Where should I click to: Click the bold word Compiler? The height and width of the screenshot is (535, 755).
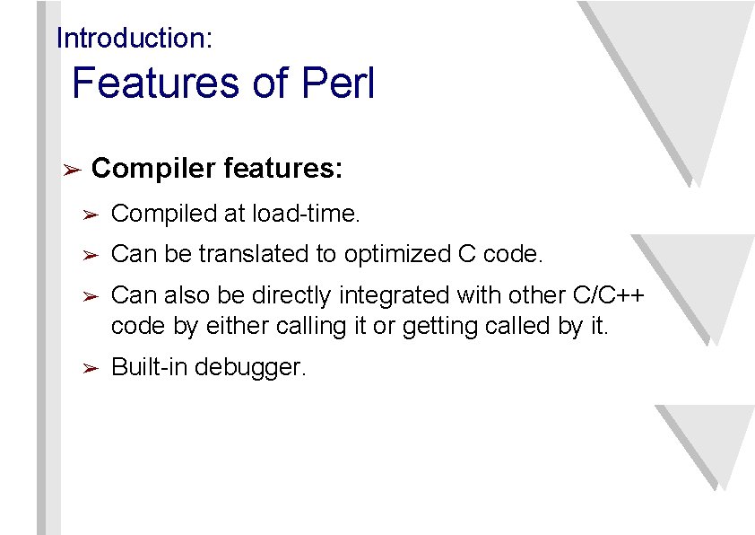point(153,169)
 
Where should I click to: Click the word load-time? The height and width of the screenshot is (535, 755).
point(306,214)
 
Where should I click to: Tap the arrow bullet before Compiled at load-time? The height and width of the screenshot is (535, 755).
point(90,215)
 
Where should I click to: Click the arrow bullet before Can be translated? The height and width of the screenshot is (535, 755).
point(90,256)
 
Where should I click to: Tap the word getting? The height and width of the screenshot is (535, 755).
point(440,326)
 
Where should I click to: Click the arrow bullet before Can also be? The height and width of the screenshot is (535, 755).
point(90,297)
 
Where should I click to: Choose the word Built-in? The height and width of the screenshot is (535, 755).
point(149,367)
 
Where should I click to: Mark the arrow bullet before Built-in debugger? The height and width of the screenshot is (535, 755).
point(90,368)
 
